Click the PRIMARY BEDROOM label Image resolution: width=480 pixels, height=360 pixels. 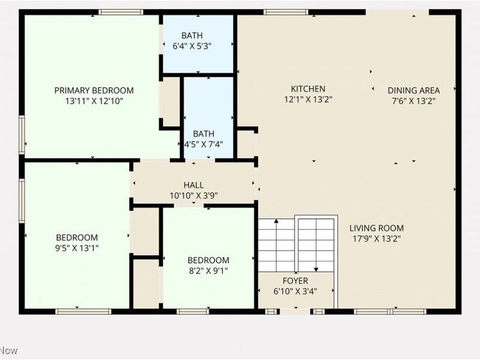94,91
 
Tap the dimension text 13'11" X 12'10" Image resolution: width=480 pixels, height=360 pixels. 94,101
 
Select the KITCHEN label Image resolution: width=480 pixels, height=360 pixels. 308,89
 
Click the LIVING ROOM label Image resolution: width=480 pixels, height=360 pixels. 377,228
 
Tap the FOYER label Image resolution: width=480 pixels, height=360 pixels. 295,281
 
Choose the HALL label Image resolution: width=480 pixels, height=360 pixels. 193,185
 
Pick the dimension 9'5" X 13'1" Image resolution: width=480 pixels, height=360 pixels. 77,248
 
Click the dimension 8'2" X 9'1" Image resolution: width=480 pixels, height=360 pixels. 208,271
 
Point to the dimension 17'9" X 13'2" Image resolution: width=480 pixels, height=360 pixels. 377,239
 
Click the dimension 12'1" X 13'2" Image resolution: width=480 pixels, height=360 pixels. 308,100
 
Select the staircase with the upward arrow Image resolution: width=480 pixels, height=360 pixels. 275,245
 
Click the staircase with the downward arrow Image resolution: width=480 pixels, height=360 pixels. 316,243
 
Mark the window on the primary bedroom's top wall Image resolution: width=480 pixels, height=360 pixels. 121,12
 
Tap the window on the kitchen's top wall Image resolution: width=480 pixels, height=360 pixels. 286,12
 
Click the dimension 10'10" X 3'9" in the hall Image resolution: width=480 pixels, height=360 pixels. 193,195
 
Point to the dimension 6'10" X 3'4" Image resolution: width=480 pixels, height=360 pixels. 295,292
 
